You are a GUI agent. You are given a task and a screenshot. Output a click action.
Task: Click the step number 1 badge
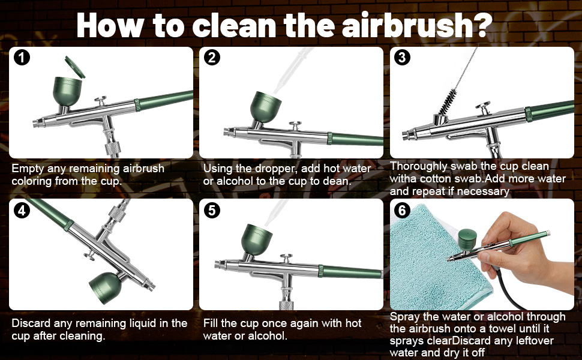(x=22, y=58)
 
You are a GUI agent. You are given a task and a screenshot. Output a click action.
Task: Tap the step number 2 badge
(x=212, y=58)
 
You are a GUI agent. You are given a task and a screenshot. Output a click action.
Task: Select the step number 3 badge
(x=403, y=58)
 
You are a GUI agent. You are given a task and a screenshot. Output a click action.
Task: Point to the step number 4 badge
(x=22, y=211)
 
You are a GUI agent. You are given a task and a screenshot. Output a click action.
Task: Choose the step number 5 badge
(x=212, y=211)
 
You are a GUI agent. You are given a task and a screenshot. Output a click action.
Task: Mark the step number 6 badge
(x=403, y=211)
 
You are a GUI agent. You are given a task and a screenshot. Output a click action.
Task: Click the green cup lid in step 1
(x=74, y=67)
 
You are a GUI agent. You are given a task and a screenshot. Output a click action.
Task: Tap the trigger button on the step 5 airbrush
(x=286, y=258)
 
